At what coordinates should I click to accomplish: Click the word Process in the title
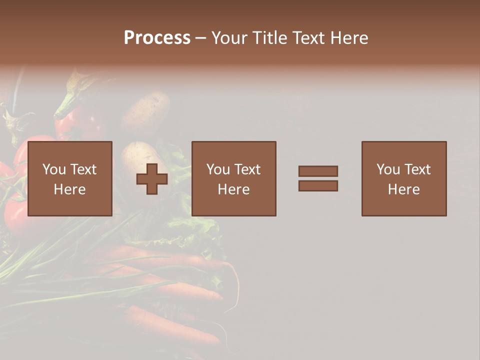point(157,38)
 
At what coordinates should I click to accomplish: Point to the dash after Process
point(201,38)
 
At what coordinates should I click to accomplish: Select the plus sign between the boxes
point(152,179)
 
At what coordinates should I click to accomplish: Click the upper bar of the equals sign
point(318,171)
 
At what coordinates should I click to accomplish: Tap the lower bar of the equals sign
point(318,186)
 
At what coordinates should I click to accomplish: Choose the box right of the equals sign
point(404,178)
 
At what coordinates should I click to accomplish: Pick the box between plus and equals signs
point(234,178)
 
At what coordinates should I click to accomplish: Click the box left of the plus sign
point(70,178)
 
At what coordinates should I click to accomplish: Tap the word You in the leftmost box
point(54,169)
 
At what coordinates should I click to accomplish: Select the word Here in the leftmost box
point(70,189)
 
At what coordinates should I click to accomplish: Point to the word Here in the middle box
point(234,189)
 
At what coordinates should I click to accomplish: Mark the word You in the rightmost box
point(388,169)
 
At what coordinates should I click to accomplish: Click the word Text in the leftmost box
point(83,169)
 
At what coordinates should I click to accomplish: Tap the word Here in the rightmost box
point(404,189)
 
